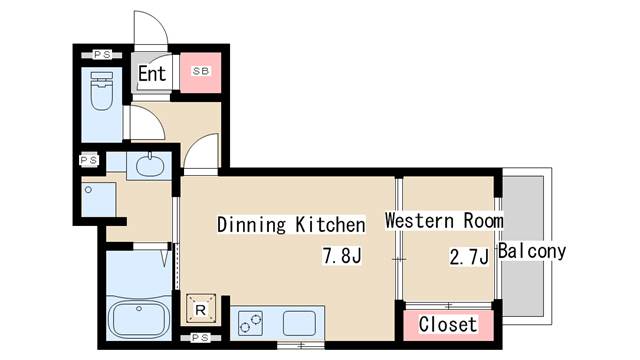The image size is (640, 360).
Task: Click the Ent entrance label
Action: tap(152, 74)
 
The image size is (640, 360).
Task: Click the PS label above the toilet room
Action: tap(102, 54)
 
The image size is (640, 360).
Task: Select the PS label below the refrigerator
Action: tap(200, 338)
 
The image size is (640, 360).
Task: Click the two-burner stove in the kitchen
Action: tap(251, 323)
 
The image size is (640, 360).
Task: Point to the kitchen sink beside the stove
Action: tap(298, 323)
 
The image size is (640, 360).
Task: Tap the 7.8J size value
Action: tap(340, 256)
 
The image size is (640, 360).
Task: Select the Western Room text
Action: tap(443, 220)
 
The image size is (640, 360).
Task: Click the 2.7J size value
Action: tap(468, 258)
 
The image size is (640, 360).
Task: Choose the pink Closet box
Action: tap(448, 325)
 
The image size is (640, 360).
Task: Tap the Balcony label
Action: tap(533, 251)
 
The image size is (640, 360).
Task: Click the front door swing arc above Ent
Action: tap(148, 30)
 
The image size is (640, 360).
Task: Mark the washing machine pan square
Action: tap(100, 198)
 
